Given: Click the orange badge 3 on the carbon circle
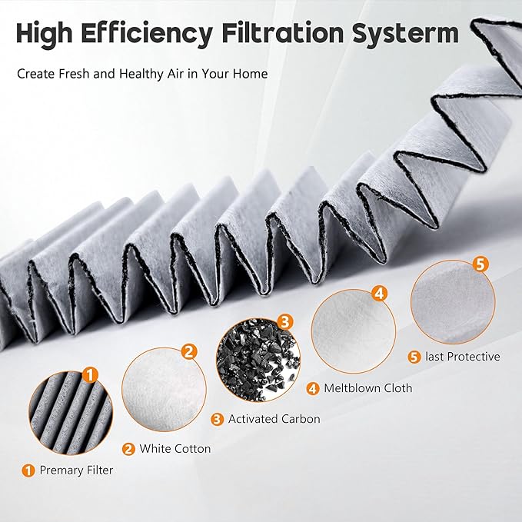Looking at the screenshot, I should pos(284,321).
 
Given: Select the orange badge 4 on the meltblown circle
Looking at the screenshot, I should pos(379,294).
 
